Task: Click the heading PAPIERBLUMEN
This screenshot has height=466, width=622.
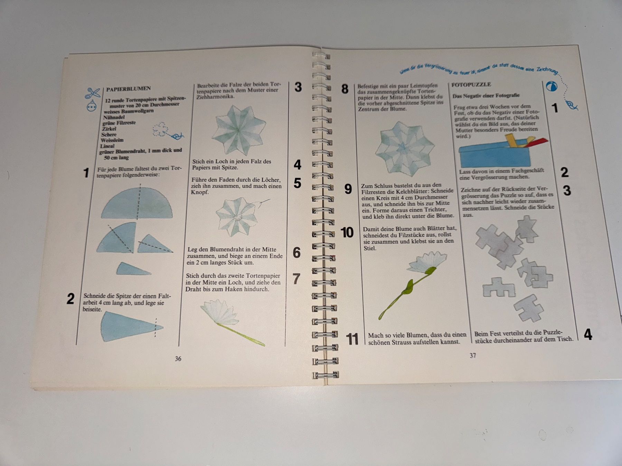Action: point(128,89)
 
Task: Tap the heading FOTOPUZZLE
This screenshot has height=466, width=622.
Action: point(471,85)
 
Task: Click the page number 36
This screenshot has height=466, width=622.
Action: point(178,359)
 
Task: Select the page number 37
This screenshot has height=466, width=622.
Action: point(473,355)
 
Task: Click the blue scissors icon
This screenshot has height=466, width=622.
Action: point(93,93)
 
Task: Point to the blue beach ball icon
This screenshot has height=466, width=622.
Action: point(552,86)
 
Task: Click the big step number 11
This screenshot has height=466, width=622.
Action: point(352,339)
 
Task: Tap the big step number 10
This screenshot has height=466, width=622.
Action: point(347,232)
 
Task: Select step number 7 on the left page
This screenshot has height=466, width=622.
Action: point(296,279)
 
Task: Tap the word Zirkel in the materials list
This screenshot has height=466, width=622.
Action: point(109,129)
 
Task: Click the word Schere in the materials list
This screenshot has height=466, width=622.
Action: point(109,135)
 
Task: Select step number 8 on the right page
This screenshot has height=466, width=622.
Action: point(345,89)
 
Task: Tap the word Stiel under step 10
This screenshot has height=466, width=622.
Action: point(370,248)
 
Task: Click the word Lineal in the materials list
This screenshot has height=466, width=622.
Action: point(107,146)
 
